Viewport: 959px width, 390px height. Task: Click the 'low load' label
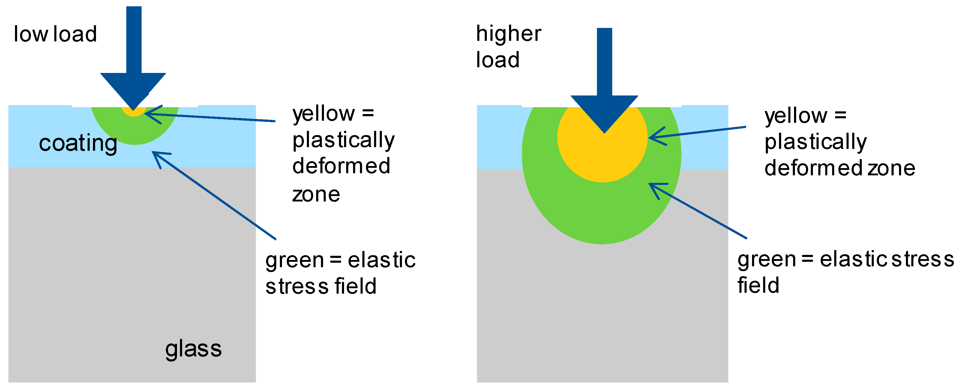[x=55, y=34]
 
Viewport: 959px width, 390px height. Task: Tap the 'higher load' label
[x=508, y=47]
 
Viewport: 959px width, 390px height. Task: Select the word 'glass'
[x=193, y=349]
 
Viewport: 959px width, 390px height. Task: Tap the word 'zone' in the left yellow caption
[x=316, y=195]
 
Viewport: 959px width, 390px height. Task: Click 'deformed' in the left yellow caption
[x=341, y=166]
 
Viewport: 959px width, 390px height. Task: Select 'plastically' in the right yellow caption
[x=815, y=142]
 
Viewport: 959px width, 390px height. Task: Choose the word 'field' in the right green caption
[x=758, y=285]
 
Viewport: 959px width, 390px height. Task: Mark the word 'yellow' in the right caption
[x=796, y=116]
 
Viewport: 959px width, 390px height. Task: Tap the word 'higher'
[x=508, y=34]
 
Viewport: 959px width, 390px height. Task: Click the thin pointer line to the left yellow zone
[x=216, y=118]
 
